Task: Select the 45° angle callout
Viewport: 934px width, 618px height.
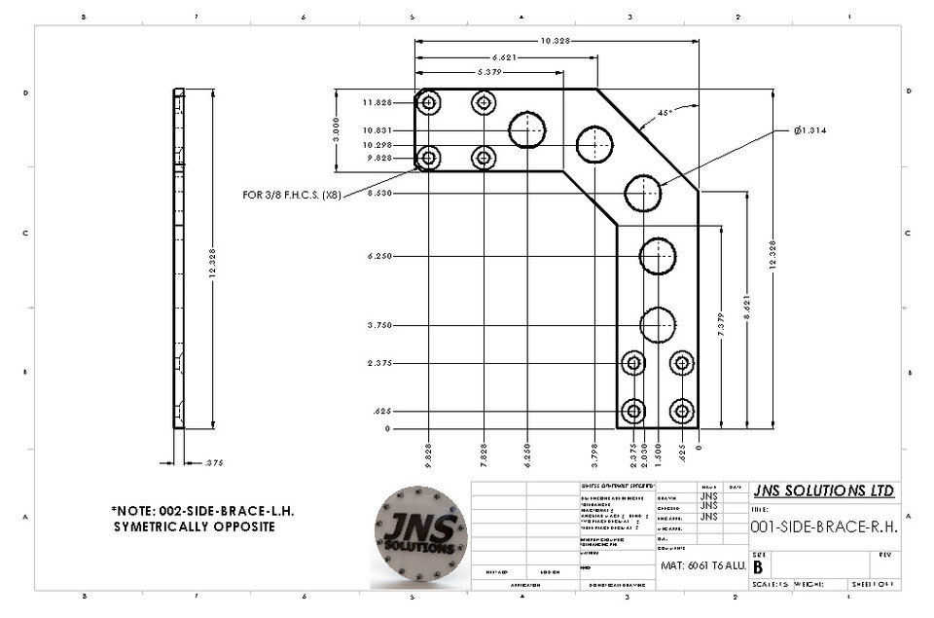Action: tap(665, 113)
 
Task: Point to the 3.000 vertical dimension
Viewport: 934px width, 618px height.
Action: tap(336, 130)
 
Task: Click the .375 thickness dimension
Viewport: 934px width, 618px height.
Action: tap(214, 463)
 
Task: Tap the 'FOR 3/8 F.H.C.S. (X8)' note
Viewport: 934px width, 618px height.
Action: tap(291, 195)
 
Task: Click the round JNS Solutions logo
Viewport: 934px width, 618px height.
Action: tap(419, 532)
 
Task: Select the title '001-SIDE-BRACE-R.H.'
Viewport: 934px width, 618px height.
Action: tap(823, 527)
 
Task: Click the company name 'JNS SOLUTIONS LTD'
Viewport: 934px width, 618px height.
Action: tap(823, 491)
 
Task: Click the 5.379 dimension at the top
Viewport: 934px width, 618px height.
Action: tap(497, 72)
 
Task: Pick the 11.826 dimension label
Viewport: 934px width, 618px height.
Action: tap(377, 103)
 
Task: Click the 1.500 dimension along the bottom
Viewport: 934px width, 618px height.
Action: tap(658, 452)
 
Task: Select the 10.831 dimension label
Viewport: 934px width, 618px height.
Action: tap(377, 130)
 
